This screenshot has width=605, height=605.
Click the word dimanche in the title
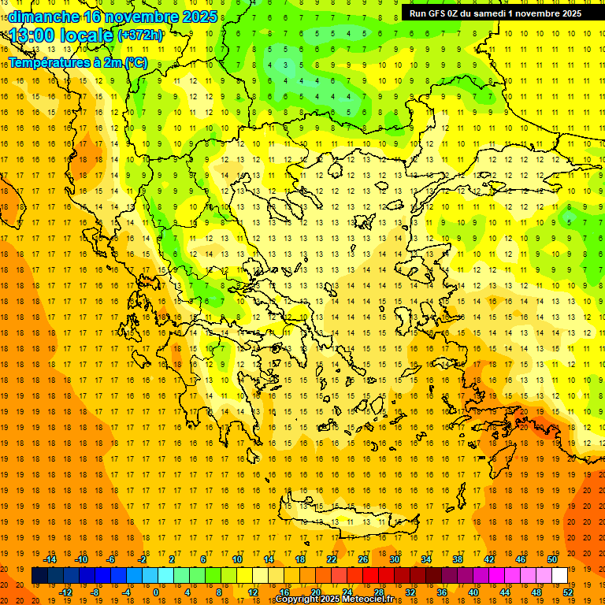tap(43, 17)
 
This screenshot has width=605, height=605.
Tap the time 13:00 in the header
tap(36, 35)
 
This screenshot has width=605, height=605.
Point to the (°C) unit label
tap(135, 62)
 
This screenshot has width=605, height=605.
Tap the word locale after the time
tap(90, 35)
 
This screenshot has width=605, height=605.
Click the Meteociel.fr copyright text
tap(334, 599)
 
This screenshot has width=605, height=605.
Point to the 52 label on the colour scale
tap(568, 592)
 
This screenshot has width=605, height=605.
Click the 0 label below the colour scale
tap(155, 592)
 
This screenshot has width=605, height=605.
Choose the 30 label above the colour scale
tap(394, 559)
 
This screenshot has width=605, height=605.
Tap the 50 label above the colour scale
tap(551, 559)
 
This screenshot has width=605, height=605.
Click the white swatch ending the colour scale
tap(559, 576)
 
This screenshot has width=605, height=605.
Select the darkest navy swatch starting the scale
tap(40, 576)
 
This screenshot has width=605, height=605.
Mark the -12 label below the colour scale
tap(65, 592)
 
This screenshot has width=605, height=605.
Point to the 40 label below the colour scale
tap(473, 592)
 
